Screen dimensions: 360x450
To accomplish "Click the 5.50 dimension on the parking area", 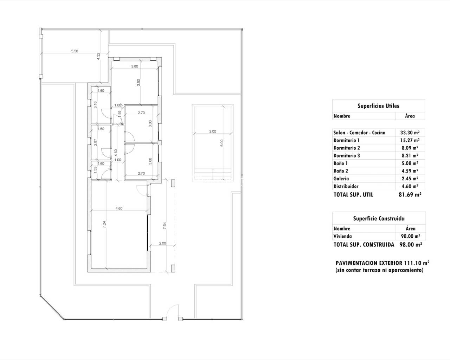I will [75, 51].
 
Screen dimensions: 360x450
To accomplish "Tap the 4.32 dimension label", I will [98, 56].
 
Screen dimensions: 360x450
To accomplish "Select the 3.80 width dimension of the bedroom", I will [135, 66].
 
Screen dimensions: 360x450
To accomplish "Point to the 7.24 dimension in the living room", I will [104, 225].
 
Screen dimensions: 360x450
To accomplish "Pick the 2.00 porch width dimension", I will [163, 243].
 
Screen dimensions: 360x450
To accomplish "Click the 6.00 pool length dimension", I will [221, 143].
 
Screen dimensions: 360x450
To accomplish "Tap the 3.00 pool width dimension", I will [213, 131].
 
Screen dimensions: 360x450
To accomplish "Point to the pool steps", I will [213, 174].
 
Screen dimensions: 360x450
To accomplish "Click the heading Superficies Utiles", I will [378, 106].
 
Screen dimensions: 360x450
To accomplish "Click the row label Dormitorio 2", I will [347, 148].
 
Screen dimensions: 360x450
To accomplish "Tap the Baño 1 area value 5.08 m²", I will [409, 163].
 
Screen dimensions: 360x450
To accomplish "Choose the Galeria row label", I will [341, 179].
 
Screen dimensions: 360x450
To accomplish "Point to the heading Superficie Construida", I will [378, 218].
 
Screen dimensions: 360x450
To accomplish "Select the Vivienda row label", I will [342, 236].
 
